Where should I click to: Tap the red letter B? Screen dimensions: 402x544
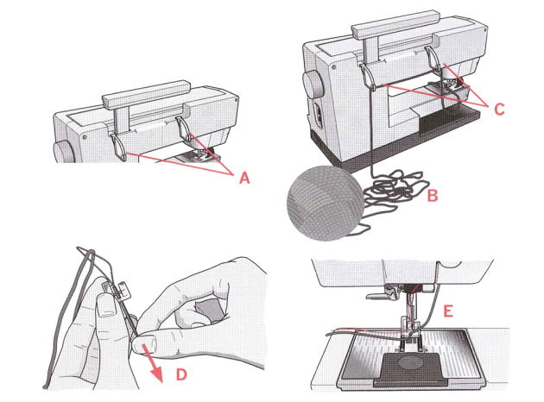click(x=433, y=196)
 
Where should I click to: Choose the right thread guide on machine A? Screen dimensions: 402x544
click(x=184, y=129)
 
